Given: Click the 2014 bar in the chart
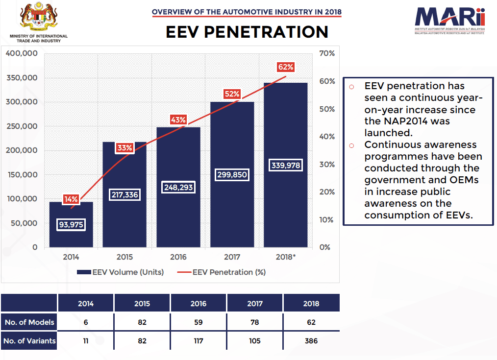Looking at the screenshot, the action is [71, 224].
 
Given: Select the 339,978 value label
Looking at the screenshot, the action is [286, 165].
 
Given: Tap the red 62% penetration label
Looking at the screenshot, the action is [286, 67].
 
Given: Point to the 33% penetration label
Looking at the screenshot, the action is [124, 148].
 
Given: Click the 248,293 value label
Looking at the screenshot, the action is [178, 188].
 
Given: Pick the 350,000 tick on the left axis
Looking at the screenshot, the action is [22, 78].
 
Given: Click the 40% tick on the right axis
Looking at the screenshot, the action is [327, 137].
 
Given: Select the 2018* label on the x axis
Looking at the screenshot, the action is [286, 257].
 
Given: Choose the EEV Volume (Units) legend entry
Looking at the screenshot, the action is [121, 272].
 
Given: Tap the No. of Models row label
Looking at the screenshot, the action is [29, 322].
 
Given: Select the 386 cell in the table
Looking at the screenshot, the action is [311, 341].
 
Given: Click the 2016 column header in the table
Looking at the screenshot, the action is [199, 303].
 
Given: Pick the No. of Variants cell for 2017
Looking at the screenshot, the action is [254, 341].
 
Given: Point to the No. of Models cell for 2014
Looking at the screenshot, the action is [86, 322].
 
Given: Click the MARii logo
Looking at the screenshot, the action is [450, 21].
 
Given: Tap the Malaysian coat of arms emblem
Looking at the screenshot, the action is [38, 16].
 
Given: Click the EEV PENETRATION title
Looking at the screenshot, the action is [247, 32].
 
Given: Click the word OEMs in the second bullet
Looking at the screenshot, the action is [464, 180].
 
